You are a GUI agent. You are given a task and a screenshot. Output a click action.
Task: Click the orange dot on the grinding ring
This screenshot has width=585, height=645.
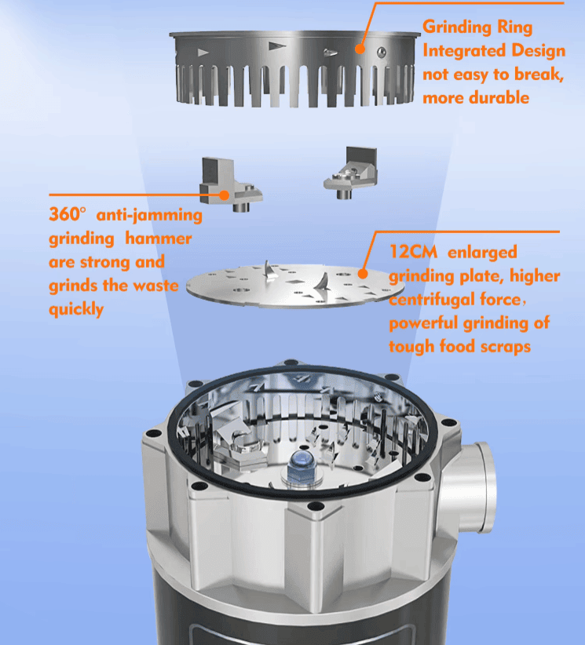point(360,49)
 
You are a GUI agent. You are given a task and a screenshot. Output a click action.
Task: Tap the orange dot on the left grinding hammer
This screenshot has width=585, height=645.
point(224,195)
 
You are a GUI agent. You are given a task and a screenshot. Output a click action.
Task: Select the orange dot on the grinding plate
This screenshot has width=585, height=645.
point(362,274)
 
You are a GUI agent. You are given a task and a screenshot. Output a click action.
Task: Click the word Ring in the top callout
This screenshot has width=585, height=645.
point(514,27)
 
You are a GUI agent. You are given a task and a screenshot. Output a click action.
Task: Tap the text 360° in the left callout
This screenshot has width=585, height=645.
point(68,214)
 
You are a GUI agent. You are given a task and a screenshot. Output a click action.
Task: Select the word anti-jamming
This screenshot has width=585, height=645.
point(149,215)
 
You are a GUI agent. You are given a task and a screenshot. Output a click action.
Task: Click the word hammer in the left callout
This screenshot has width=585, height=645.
point(159,239)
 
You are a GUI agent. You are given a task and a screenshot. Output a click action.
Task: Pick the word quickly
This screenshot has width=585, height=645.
point(76,310)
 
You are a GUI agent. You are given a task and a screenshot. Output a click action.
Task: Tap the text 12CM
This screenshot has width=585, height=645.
point(413,252)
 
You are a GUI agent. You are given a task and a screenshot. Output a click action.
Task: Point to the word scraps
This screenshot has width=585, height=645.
point(506,347)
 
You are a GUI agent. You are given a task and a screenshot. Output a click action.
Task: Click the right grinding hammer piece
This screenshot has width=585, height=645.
point(352,173)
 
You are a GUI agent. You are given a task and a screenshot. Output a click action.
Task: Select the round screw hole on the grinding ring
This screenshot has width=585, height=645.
point(382,52)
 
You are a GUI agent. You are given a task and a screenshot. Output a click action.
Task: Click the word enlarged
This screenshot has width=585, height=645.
point(482,253)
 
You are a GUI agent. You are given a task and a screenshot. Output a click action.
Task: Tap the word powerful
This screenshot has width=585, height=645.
point(424,323)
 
